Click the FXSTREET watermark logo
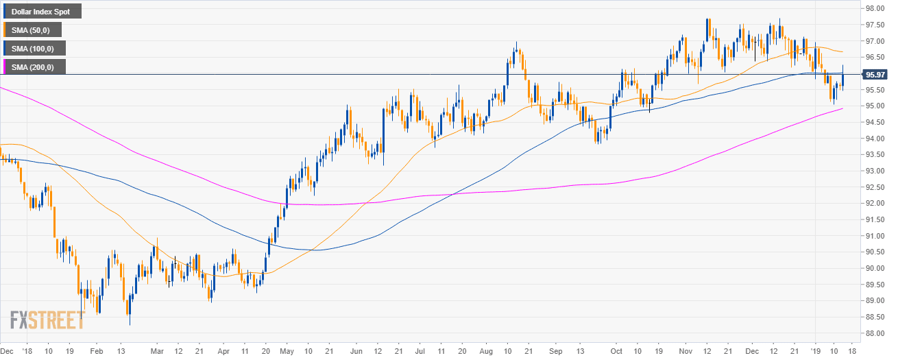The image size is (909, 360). point(47,320)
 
